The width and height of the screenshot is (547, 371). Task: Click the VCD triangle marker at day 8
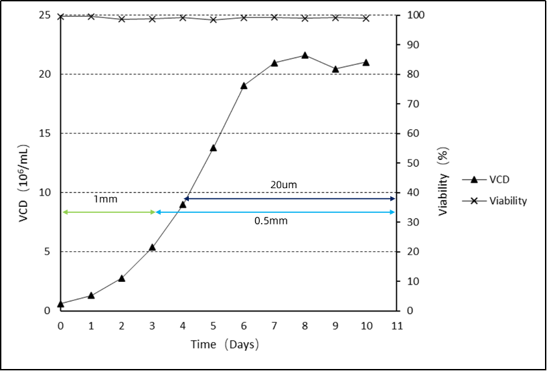(305, 55)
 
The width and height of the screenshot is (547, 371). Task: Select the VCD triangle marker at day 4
(183, 204)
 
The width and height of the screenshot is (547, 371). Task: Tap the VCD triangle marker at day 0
(61, 303)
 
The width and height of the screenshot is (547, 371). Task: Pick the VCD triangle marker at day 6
(244, 85)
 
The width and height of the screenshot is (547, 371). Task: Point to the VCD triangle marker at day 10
(366, 62)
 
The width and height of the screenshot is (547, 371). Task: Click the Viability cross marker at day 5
(214, 19)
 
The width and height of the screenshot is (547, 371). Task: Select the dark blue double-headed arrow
(289, 199)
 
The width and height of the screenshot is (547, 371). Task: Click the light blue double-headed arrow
(275, 212)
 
